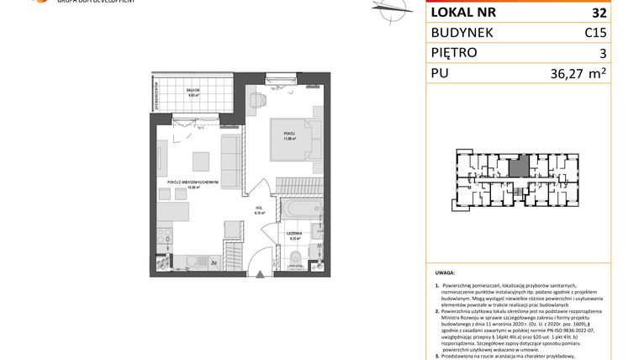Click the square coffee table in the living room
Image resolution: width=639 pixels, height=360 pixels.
point(199,159)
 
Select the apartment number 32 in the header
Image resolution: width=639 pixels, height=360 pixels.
point(599,13)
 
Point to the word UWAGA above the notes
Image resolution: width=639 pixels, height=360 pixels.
point(446,273)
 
